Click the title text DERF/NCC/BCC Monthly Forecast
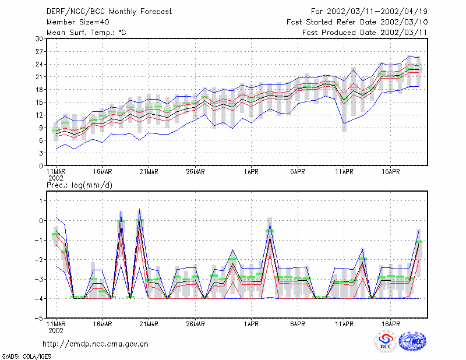point(109,12)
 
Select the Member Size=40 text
point(78,22)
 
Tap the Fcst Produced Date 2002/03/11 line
point(365,33)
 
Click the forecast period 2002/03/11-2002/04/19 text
point(377,12)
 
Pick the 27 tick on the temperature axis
point(39,52)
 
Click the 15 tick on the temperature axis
point(39,103)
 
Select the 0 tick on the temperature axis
point(41,166)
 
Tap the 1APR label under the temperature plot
point(251,172)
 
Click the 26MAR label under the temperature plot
point(195,172)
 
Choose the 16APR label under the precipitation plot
point(390,324)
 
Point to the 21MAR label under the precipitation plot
point(149,324)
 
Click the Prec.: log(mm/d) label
point(79,185)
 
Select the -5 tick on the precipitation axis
point(39,318)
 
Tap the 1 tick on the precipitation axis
point(41,201)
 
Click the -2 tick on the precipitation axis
point(39,260)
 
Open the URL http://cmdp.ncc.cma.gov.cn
point(96,344)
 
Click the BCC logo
point(386,341)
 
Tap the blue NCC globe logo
point(412,341)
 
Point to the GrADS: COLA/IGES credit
point(26,357)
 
